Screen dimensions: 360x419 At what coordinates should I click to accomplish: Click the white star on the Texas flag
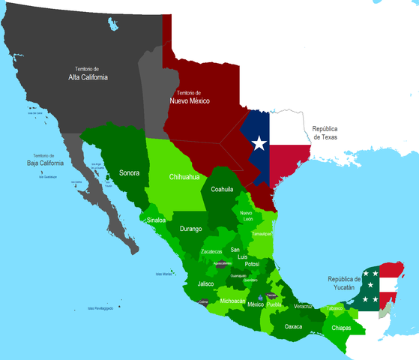click(259, 142)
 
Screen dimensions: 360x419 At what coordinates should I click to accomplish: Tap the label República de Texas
click(331, 133)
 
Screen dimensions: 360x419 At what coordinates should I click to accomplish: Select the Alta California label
click(89, 73)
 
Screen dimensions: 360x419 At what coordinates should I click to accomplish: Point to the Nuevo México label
click(188, 97)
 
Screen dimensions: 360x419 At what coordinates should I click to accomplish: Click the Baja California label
click(43, 159)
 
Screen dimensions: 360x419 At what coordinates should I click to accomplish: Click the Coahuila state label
click(223, 190)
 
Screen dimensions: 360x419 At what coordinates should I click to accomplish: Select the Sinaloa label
click(156, 220)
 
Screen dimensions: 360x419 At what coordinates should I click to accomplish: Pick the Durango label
click(190, 229)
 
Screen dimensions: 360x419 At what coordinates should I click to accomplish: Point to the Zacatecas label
click(216, 251)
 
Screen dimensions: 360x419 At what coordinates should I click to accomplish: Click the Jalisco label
click(206, 284)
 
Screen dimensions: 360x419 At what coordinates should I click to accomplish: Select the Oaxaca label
click(295, 326)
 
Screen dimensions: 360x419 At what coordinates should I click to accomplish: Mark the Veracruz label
click(304, 306)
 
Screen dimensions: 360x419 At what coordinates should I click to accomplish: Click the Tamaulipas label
click(260, 234)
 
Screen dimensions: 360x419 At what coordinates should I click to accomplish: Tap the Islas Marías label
click(163, 274)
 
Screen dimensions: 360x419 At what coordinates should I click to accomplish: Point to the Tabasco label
click(334, 308)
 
